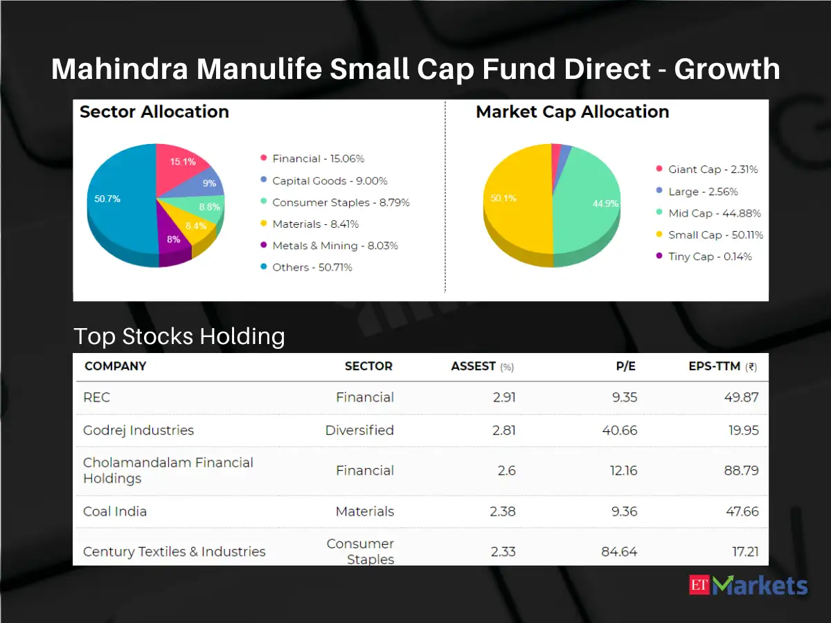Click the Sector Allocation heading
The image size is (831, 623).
pyautogui.click(x=154, y=112)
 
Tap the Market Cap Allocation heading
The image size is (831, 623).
pyautogui.click(x=572, y=112)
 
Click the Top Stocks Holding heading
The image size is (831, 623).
pyautogui.click(x=179, y=336)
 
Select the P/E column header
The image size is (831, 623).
pyautogui.click(x=625, y=366)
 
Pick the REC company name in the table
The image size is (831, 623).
pyautogui.click(x=97, y=397)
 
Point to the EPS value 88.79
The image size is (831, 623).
pyautogui.click(x=741, y=471)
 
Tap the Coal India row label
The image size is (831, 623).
pyautogui.click(x=115, y=512)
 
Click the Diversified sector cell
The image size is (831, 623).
pyautogui.click(x=359, y=431)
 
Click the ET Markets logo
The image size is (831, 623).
pyautogui.click(x=749, y=586)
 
